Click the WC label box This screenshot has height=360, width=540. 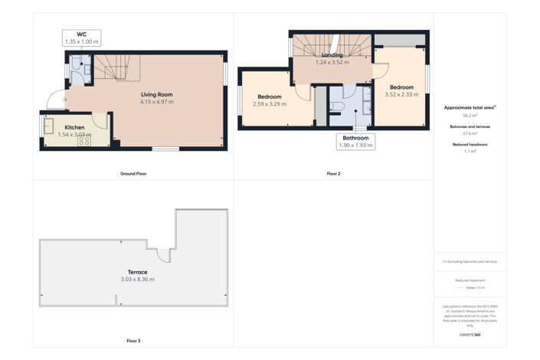pos(81,38)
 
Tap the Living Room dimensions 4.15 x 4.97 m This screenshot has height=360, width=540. pos(156,102)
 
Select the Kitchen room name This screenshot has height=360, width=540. pos(74,126)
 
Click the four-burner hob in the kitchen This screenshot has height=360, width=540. pos(83,140)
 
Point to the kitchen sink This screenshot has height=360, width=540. pos(49,126)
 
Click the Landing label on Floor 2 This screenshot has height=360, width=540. pos(332,55)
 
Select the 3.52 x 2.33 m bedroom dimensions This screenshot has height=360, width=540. pos(401,94)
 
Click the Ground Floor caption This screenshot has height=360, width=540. pos(133,174)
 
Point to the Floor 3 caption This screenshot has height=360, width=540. pos(133,340)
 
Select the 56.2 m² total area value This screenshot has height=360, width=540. pos(470,115)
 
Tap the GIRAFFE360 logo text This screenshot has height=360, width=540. pos(470,335)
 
